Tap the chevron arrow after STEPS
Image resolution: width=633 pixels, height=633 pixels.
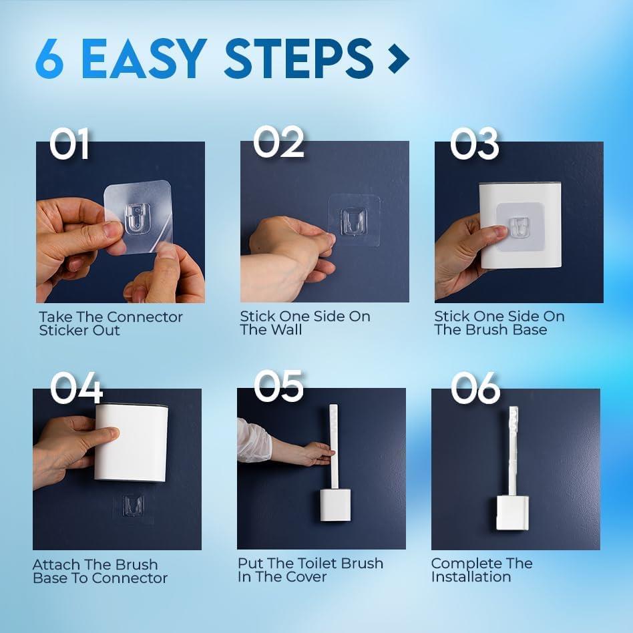(399, 59)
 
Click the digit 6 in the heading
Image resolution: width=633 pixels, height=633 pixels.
(49, 59)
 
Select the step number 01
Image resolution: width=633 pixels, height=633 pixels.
(69, 144)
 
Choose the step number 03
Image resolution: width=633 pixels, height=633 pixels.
(474, 144)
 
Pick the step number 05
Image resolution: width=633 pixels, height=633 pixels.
(278, 386)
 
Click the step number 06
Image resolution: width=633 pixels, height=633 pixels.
(475, 388)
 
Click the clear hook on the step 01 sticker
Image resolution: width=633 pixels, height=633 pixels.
(138, 219)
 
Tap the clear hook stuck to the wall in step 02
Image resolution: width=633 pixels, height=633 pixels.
(354, 221)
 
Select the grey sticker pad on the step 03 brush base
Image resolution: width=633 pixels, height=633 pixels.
(520, 227)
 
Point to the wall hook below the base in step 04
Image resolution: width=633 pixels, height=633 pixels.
(134, 505)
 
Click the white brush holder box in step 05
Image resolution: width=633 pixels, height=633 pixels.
(335, 505)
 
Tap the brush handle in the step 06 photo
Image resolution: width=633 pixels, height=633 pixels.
(513, 451)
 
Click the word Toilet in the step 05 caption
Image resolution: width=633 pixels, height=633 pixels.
(310, 563)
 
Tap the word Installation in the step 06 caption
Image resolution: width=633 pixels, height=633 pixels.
(471, 577)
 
